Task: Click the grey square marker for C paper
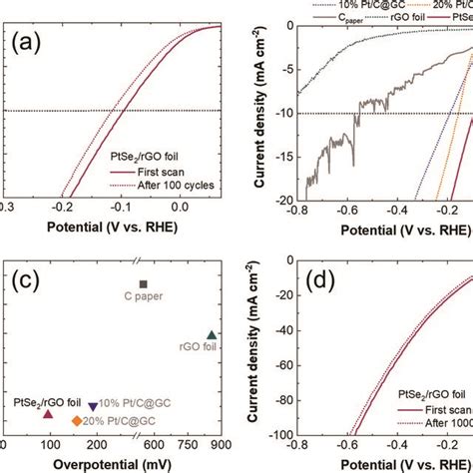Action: (x=143, y=284)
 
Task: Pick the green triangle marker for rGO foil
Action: (x=211, y=334)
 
